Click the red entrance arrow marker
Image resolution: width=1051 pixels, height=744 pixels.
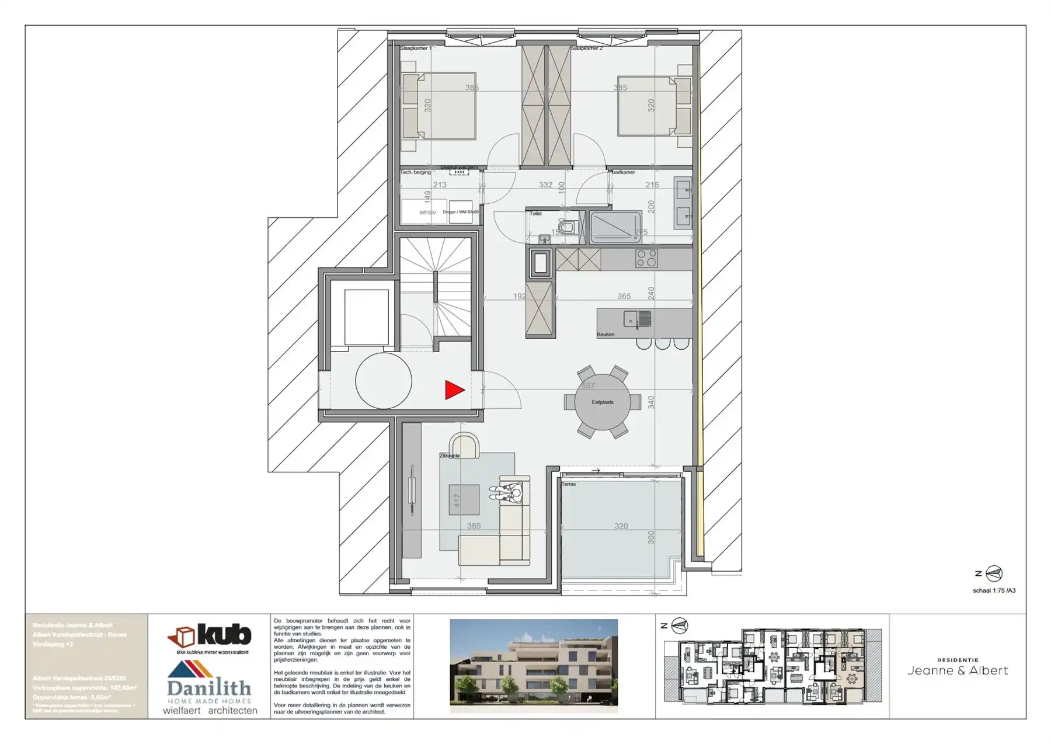[454, 390]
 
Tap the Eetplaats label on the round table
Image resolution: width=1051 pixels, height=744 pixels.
[602, 402]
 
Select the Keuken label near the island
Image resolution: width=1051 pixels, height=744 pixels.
[605, 335]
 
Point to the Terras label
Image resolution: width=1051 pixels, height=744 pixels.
[569, 484]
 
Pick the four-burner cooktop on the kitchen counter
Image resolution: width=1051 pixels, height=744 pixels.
[646, 258]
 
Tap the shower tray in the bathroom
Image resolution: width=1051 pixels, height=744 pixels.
[615, 227]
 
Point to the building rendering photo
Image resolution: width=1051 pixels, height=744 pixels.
[533, 666]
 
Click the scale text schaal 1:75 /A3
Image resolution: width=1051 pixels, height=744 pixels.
[994, 590]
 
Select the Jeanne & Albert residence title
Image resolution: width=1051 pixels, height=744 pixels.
[957, 670]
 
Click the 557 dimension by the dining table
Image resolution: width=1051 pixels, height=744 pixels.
[587, 386]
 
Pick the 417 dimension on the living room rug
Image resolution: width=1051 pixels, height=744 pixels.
[457, 500]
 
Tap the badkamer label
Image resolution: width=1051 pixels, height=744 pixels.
[623, 172]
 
